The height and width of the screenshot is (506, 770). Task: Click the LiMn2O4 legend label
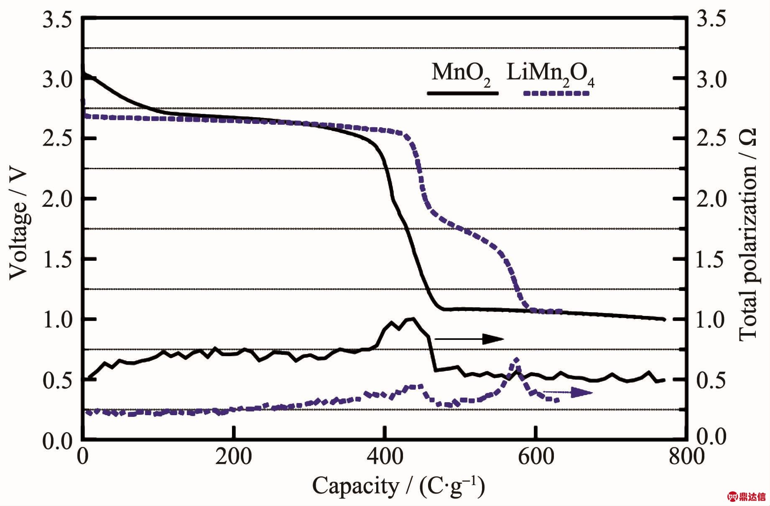[550, 74]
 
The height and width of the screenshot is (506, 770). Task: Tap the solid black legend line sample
[462, 93]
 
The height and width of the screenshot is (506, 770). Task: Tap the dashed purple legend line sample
[556, 93]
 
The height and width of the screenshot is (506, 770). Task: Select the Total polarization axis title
[749, 234]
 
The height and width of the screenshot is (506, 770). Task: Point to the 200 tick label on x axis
[234, 456]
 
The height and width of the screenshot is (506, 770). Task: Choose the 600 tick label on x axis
[535, 456]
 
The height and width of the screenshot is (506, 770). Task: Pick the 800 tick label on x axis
[686, 456]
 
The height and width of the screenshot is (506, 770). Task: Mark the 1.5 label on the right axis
[711, 259]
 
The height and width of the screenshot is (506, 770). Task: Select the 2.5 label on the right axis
[711, 139]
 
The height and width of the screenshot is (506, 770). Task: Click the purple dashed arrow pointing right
[569, 392]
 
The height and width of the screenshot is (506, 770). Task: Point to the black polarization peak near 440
[413, 319]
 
